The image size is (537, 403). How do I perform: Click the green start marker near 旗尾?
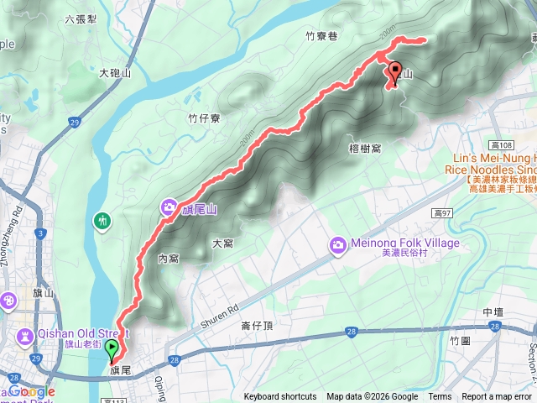pos(112,349)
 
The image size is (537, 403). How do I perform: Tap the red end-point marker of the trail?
pos(394,74)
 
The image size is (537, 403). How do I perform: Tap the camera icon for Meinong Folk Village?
pos(337,244)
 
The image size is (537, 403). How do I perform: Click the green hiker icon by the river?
pos(102,222)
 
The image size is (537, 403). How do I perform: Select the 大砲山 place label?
pos(115,74)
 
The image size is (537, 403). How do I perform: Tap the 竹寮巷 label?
pos(321,36)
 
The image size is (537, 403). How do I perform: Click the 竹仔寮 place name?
pos(204,118)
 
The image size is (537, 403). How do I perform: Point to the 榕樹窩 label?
pos(364,149)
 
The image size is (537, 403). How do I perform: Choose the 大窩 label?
pos(222,243)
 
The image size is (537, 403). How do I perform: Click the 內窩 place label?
pos(169,259)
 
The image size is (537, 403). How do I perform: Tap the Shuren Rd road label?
pos(221,313)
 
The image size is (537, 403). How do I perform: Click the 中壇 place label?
pos(493,312)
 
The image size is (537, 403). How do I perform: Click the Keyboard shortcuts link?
pos(280,397)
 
